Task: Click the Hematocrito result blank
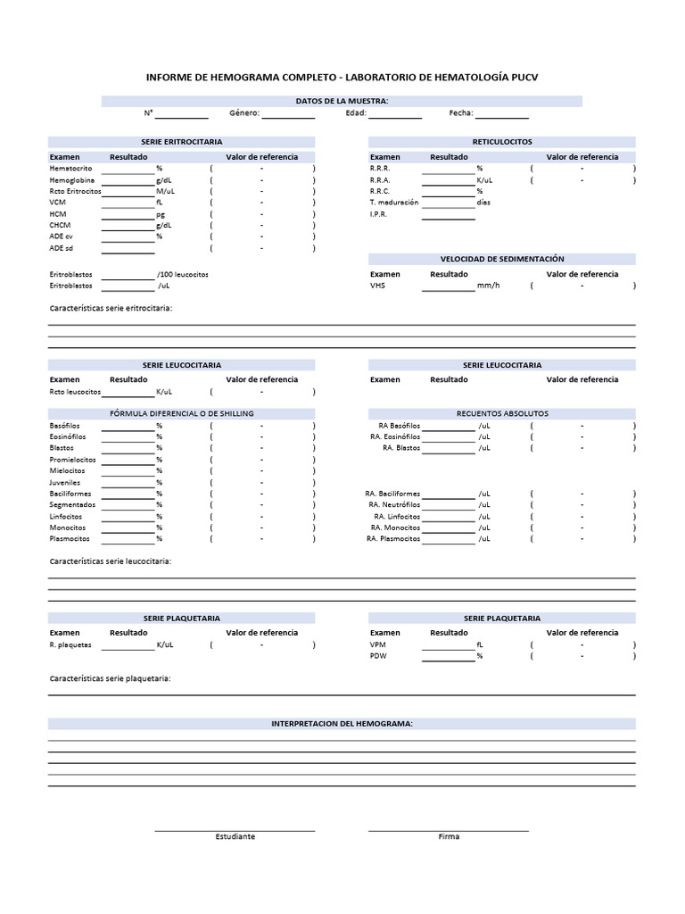128,169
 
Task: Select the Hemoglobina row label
72,180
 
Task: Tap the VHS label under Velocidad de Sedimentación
376,287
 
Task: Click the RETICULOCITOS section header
501,142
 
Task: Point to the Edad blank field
394,114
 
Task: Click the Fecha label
460,113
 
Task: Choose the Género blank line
287,114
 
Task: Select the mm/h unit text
488,287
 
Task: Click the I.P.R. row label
379,214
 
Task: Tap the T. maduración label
393,203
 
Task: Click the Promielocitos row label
72,460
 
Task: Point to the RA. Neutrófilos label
393,505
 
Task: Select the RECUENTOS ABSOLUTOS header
501,414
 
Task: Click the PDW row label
377,656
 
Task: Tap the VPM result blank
448,645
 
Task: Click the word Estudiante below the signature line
235,837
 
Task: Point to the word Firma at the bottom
449,837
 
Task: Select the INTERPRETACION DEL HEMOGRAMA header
342,724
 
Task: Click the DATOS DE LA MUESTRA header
342,102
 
